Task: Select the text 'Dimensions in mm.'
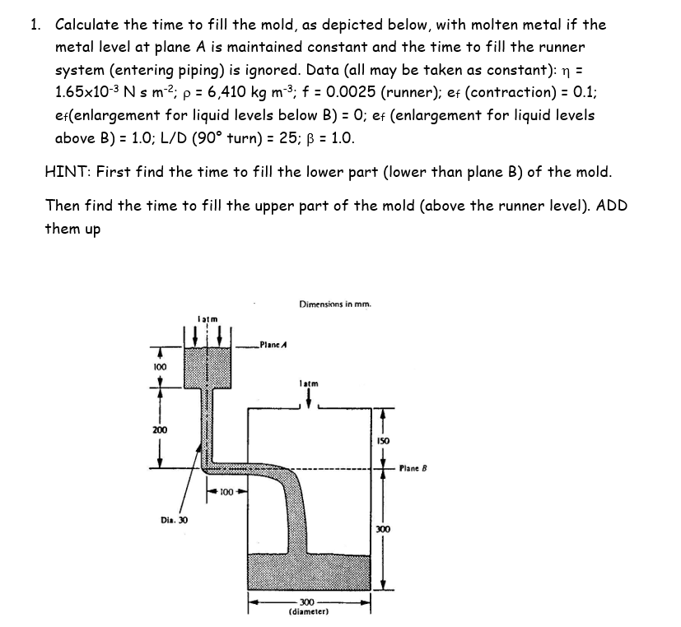[x=336, y=304]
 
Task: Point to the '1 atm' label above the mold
[x=308, y=383]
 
